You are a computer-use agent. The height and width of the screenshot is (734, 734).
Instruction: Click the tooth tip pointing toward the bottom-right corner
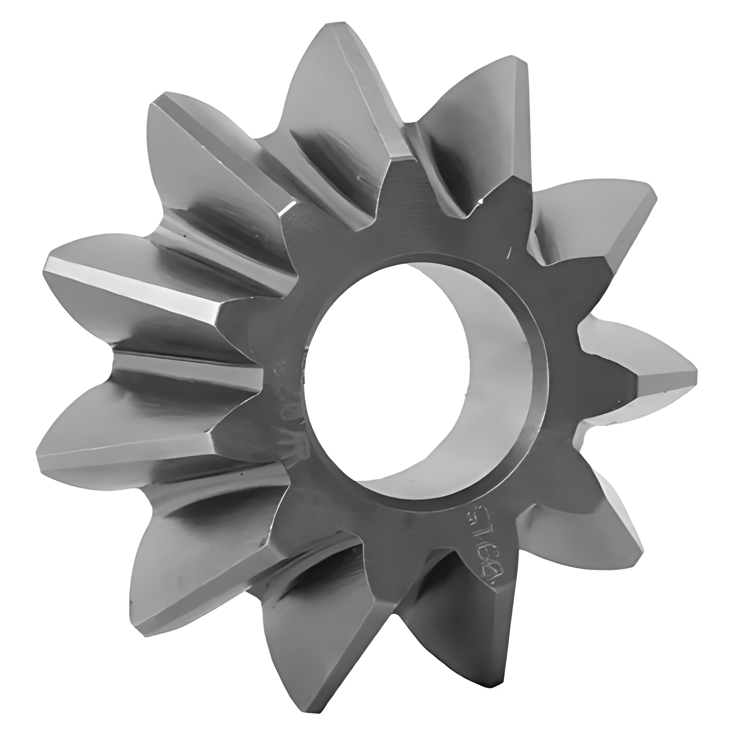click(x=638, y=546)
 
